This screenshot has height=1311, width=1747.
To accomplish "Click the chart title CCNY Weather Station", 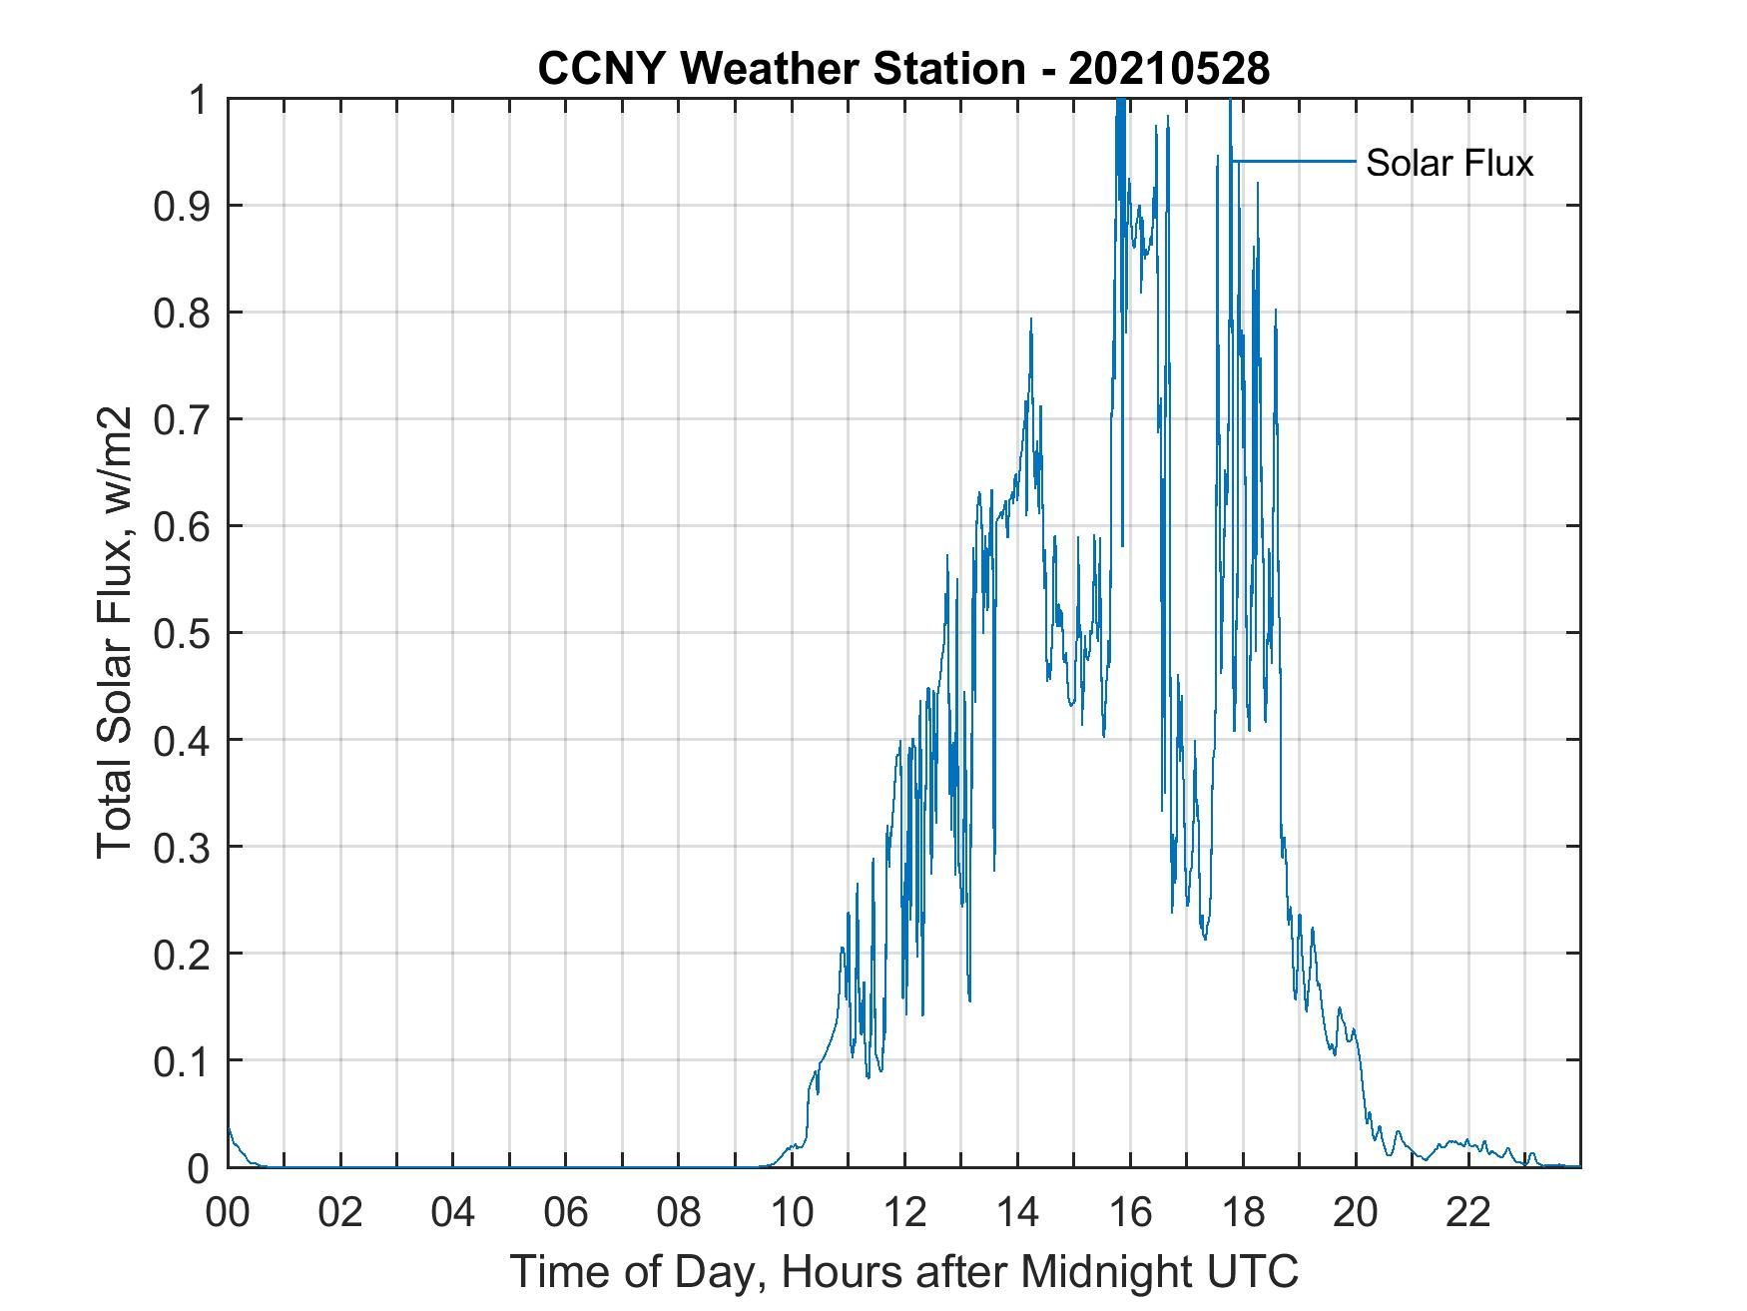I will pyautogui.click(x=781, y=69).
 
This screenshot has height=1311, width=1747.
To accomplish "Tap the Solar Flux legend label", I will pyautogui.click(x=1449, y=163).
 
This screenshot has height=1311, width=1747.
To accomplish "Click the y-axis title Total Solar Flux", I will pyautogui.click(x=115, y=632).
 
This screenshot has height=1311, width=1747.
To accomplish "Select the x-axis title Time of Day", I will pyautogui.click(x=903, y=1271).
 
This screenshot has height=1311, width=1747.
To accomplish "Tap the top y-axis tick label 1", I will pyautogui.click(x=199, y=100).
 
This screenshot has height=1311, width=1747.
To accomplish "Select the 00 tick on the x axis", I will pyautogui.click(x=228, y=1212).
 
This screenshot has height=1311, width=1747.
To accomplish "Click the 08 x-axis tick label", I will pyautogui.click(x=679, y=1212).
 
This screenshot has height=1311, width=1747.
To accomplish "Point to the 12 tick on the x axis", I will pyautogui.click(x=904, y=1212).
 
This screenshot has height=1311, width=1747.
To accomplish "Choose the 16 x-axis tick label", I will pyautogui.click(x=1130, y=1212).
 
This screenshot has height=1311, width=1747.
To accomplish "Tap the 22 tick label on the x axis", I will pyautogui.click(x=1468, y=1212).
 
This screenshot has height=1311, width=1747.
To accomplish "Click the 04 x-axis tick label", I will pyautogui.click(x=453, y=1212).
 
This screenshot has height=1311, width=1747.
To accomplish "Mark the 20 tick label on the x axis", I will pyautogui.click(x=1356, y=1212).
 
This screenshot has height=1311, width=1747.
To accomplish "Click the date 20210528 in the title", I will pyautogui.click(x=1168, y=69).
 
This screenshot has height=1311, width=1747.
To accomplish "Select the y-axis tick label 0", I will pyautogui.click(x=199, y=1168).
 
